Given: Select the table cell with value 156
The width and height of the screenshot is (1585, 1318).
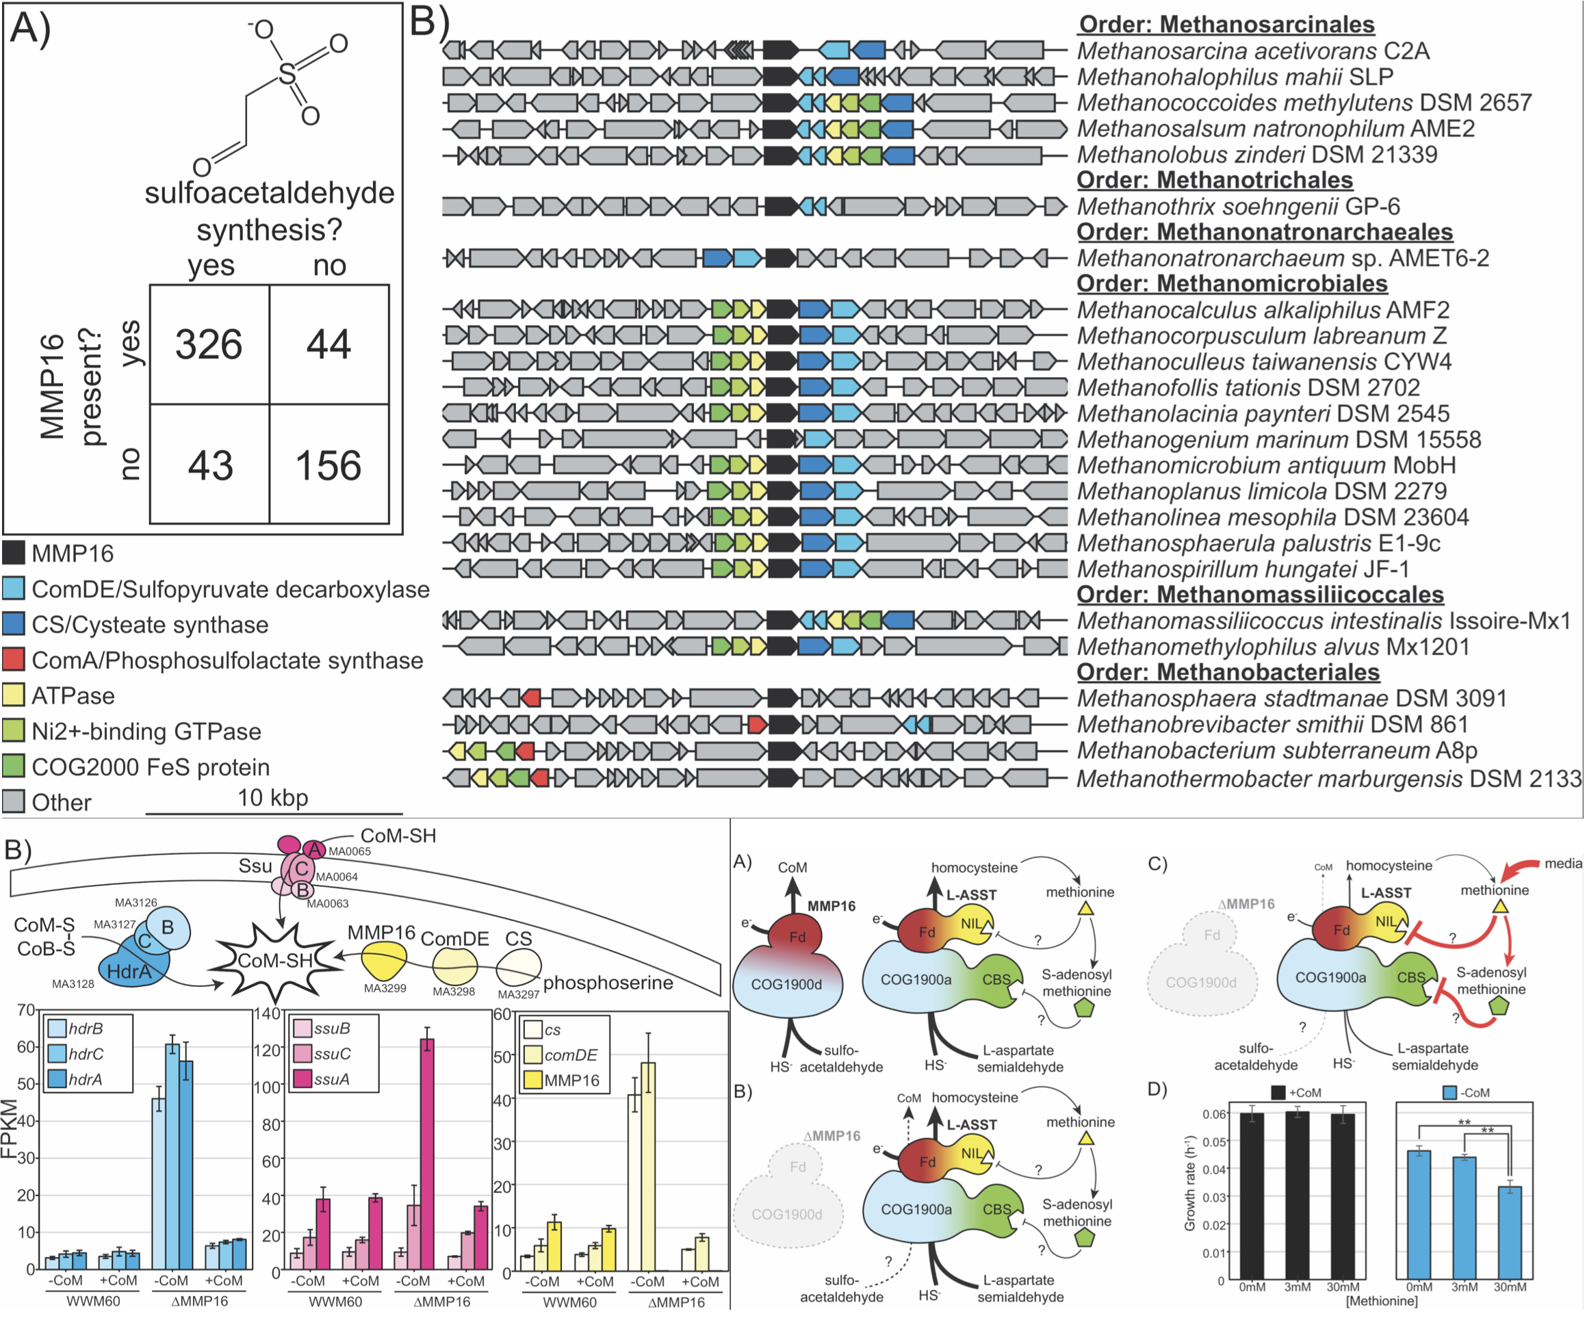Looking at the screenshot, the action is [329, 464].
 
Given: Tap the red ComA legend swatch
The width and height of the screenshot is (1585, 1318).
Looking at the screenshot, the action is [14, 660].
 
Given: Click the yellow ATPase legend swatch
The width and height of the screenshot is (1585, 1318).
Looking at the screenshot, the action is [14, 695].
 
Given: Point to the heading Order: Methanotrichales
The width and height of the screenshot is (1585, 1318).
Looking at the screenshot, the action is [1214, 181].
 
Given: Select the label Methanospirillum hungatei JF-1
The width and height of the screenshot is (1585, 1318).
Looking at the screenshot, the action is [1242, 569].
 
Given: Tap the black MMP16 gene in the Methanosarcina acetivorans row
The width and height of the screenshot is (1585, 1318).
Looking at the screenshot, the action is [780, 51].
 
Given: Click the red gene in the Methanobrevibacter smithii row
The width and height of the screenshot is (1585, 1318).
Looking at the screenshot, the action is [757, 725].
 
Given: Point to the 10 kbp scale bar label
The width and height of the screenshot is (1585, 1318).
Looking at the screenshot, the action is [272, 797].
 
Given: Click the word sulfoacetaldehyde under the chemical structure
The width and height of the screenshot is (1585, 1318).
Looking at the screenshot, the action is [270, 193].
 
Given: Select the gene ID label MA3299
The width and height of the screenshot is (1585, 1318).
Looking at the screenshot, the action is [385, 988].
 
